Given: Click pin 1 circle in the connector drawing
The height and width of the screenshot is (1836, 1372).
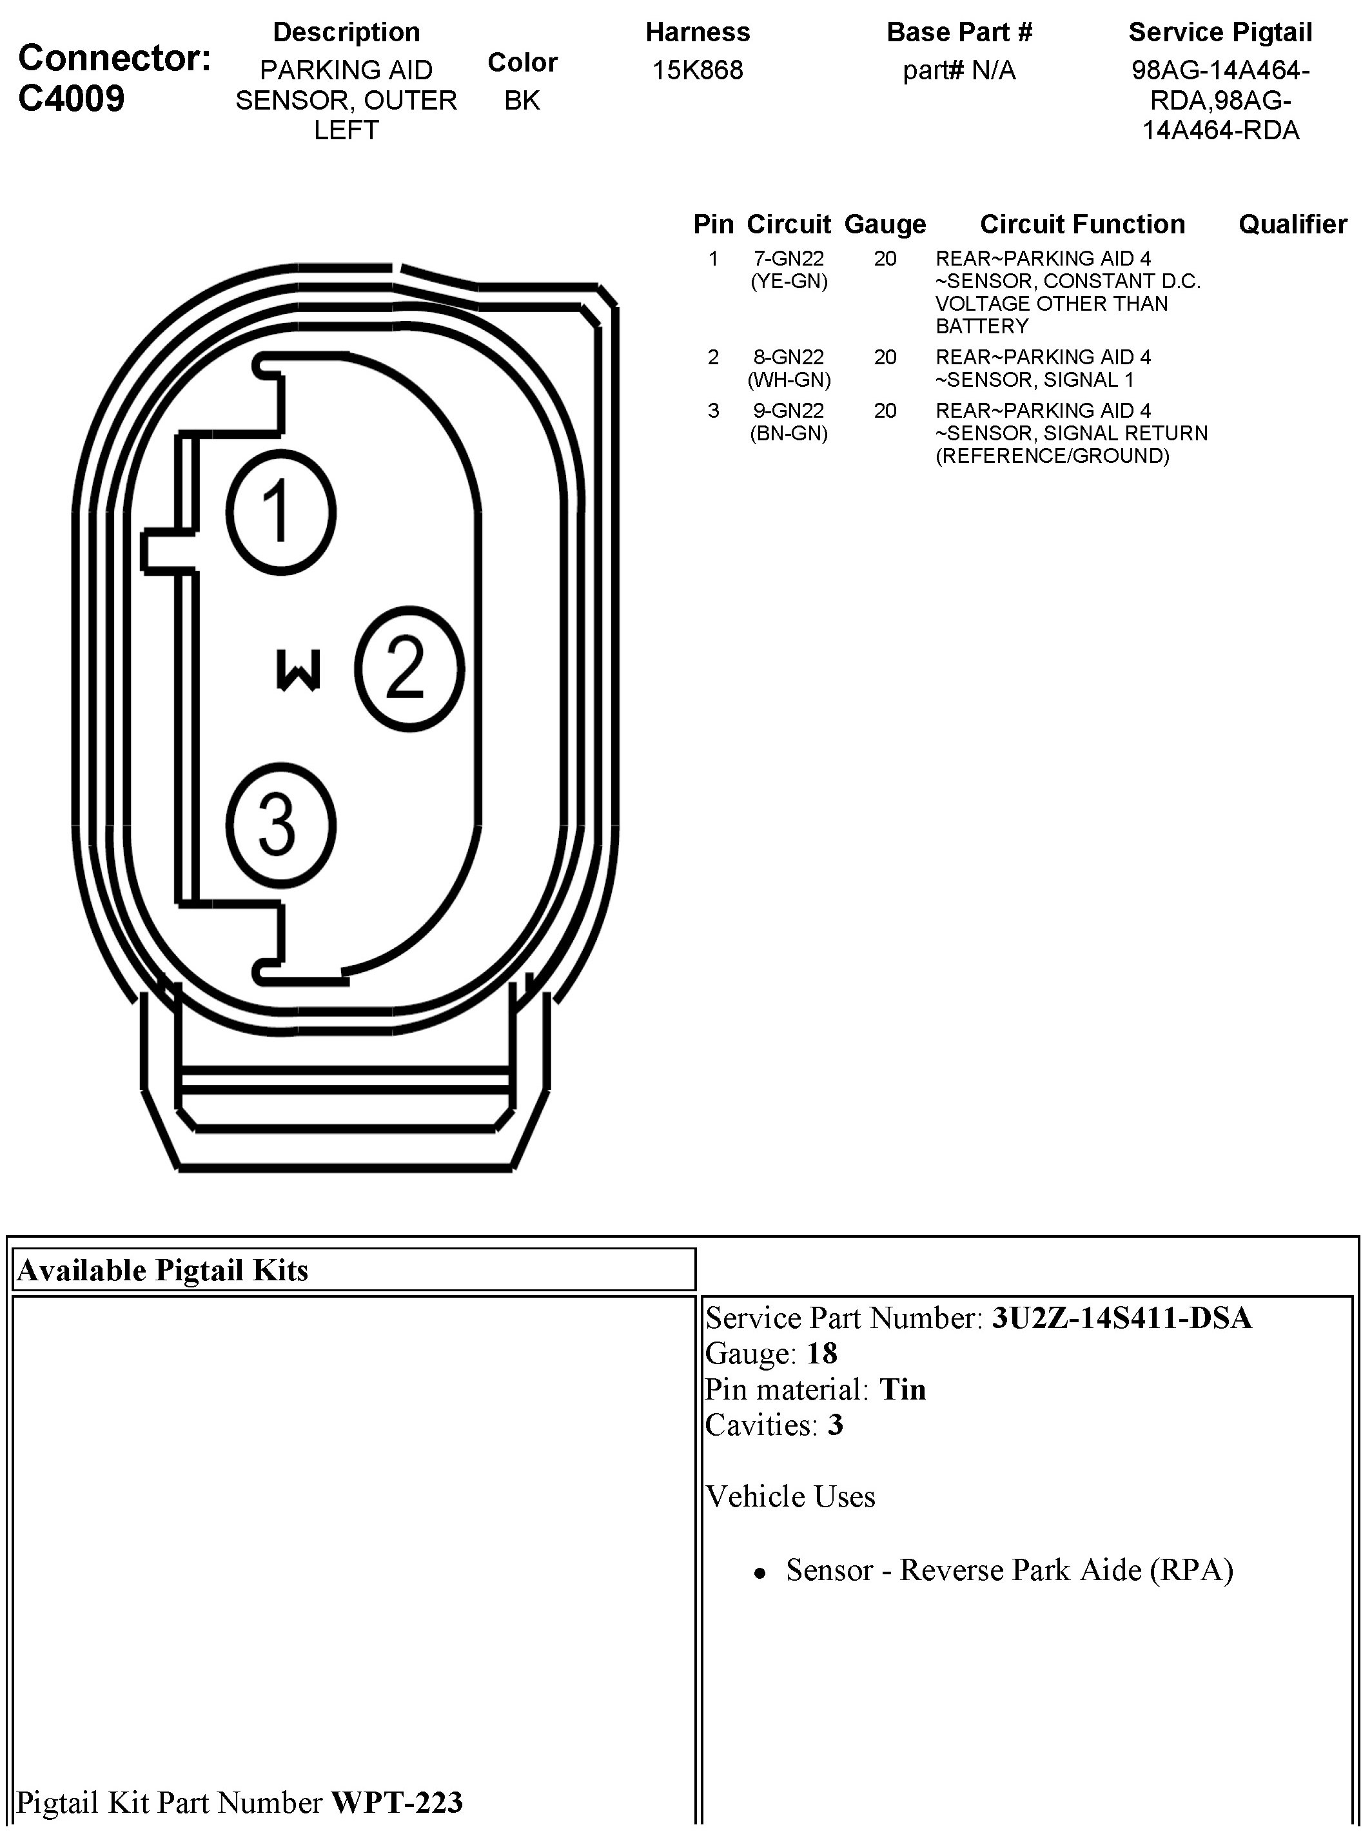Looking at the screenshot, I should pos(280,512).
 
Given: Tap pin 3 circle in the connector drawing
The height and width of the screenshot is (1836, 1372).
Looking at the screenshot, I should pos(280,825).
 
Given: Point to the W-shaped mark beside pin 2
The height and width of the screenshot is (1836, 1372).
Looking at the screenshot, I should pos(298,670).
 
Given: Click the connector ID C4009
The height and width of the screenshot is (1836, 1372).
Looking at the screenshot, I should pos(72,98).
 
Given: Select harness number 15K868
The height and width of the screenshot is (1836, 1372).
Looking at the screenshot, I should pos(697,70).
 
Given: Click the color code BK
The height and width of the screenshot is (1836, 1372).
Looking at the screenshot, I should pos(522,101).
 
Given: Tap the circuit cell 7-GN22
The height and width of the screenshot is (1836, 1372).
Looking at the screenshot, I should pos(789,259).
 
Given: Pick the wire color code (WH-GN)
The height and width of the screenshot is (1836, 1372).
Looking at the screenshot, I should pos(789,380).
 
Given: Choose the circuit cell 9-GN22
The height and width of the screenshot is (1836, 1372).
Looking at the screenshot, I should pos(789,411).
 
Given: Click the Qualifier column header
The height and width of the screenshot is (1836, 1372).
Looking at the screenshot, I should pos(1292,224).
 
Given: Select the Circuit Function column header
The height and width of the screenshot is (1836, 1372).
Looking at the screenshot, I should pos(1083,224).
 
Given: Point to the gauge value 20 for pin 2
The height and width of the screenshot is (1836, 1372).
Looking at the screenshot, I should pos(885,358).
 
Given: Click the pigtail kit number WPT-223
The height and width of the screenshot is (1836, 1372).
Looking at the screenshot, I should pos(397,1802).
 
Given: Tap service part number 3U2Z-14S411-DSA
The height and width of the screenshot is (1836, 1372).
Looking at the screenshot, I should pos(1121,1319).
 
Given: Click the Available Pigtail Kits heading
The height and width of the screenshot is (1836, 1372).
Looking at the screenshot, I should pos(162,1271).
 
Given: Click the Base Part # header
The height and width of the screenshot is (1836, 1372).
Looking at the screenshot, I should pos(959,32).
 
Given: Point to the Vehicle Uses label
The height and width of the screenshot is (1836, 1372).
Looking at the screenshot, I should pos(790,1496).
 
